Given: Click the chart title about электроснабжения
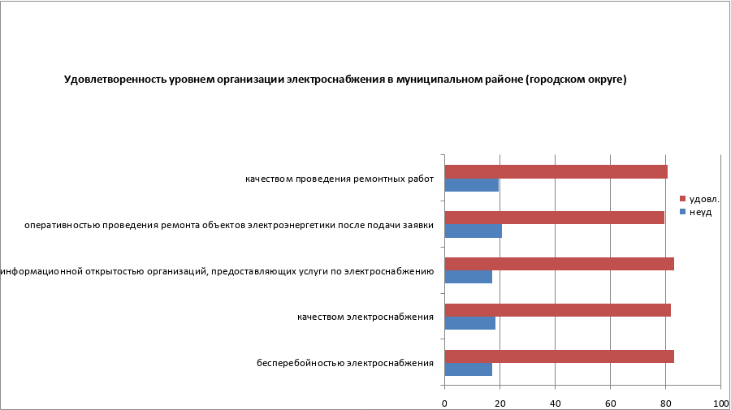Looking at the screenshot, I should (345, 80).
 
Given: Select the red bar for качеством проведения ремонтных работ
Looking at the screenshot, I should (556, 171).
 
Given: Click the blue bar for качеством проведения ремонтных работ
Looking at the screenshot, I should (472, 185).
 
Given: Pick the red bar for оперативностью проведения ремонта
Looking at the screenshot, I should (554, 218).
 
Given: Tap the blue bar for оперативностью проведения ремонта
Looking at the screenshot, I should (474, 231).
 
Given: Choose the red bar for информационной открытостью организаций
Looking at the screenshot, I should (559, 264).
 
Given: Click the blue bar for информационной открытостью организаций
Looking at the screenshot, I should (469, 277).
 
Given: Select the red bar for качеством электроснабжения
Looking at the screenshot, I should (557, 309).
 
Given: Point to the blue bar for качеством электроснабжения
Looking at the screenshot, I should (470, 323).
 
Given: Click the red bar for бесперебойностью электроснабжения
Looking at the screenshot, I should (559, 356).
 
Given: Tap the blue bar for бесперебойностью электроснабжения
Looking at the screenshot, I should (469, 369).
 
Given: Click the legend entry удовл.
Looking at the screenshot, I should (703, 199).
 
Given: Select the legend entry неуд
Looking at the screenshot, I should (700, 212).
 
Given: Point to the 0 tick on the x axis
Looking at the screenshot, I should (445, 403).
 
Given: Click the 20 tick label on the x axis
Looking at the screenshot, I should (500, 403).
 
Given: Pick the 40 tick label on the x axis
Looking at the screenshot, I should (555, 403).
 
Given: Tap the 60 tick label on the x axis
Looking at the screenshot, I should (610, 403).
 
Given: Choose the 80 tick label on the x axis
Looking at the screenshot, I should (665, 403).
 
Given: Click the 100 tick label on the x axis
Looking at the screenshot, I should (720, 403).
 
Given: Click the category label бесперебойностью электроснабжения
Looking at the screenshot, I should (344, 363).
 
